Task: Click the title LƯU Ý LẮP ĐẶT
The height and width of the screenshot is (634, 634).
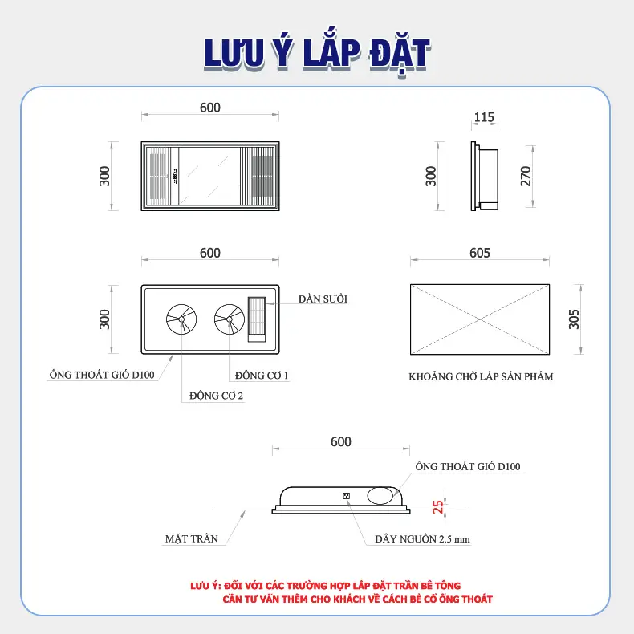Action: pyautogui.click(x=318, y=55)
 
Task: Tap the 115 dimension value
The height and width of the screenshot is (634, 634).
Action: pyautogui.click(x=484, y=117)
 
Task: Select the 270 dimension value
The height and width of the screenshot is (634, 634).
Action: pyautogui.click(x=526, y=176)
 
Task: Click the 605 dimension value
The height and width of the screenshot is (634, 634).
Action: pyautogui.click(x=480, y=253)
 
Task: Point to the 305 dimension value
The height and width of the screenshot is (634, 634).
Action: pyautogui.click(x=574, y=319)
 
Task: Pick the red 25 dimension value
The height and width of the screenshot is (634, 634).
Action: pyautogui.click(x=438, y=506)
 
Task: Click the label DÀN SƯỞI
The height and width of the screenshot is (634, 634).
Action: pyautogui.click(x=323, y=299)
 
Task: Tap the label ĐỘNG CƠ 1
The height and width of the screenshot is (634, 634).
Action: pyautogui.click(x=262, y=376)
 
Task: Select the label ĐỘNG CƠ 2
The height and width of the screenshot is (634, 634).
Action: pyautogui.click(x=217, y=396)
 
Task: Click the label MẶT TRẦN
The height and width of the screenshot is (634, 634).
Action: pyautogui.click(x=192, y=538)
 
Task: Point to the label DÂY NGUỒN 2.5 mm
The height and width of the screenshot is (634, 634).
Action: pyautogui.click(x=422, y=539)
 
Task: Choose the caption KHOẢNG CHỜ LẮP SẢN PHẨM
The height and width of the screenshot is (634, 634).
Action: pyautogui.click(x=481, y=376)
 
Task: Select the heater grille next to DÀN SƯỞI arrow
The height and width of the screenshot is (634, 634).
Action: pyautogui.click(x=257, y=319)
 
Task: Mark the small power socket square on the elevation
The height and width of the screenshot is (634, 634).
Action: pyautogui.click(x=346, y=496)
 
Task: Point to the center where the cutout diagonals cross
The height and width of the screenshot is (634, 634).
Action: pyautogui.click(x=480, y=319)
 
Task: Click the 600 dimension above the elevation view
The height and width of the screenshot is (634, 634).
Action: pyautogui.click(x=341, y=441)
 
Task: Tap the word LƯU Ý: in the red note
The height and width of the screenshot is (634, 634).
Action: pyautogui.click(x=205, y=586)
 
